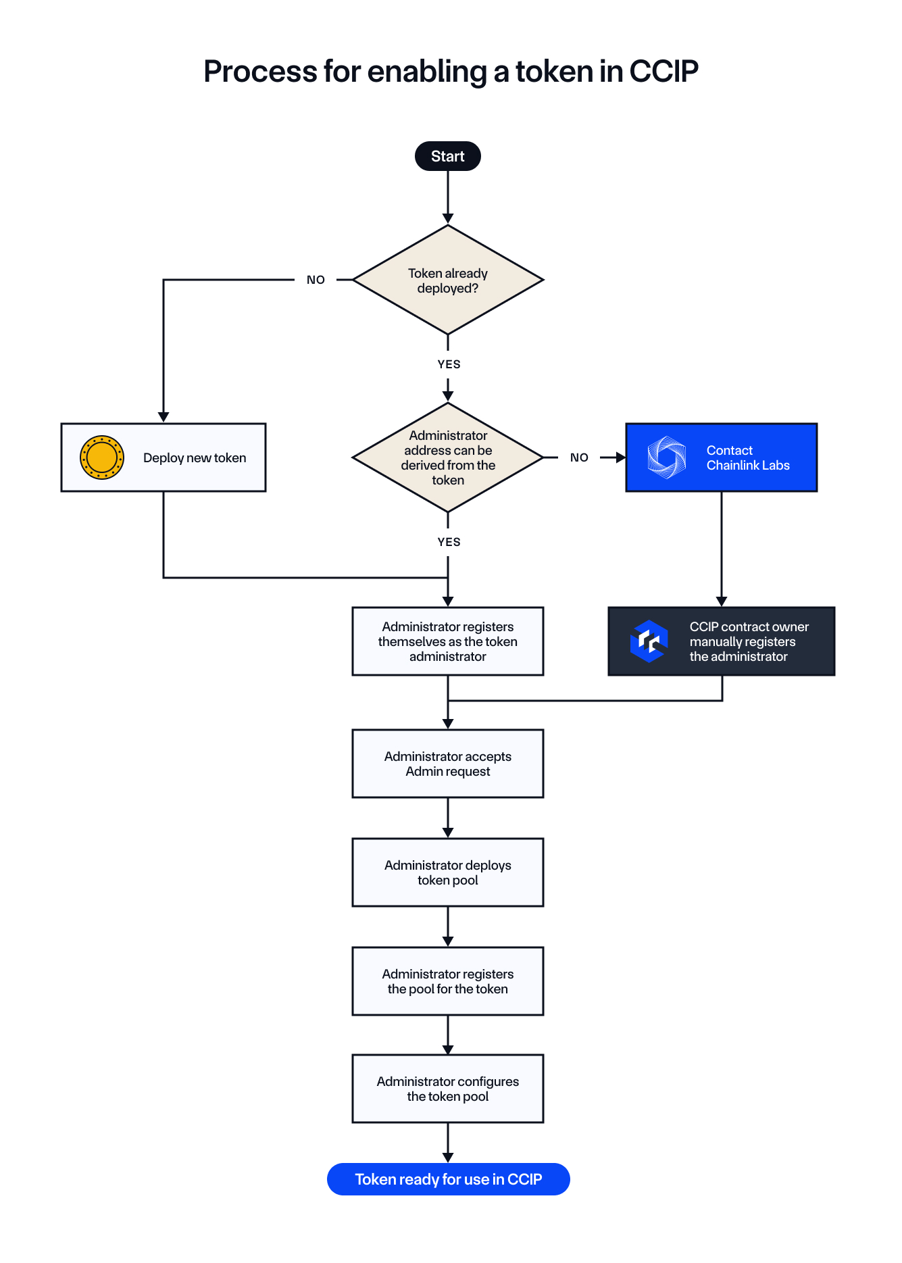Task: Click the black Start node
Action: pos(447,156)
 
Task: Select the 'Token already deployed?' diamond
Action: pos(447,280)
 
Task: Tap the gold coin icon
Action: pos(102,457)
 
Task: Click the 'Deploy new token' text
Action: pos(195,458)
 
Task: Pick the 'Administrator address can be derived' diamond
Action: pos(447,457)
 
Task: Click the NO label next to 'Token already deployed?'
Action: pos(316,280)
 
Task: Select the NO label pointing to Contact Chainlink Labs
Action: pos(579,457)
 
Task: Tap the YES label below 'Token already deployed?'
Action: pos(449,364)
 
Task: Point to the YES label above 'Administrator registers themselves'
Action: pos(449,542)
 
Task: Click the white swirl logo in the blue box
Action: pos(666,457)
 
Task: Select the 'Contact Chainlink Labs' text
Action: pos(748,457)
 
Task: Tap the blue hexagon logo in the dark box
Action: pos(649,641)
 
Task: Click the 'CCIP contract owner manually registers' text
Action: pos(749,641)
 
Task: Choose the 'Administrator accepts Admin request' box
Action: pos(447,764)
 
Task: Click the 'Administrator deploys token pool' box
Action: pos(447,872)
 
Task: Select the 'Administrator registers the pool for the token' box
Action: pos(447,981)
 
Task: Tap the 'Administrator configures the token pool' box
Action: pos(447,1089)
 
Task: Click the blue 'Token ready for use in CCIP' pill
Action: pos(449,1179)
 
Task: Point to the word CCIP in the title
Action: pos(663,72)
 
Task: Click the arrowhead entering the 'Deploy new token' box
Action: pos(164,417)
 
